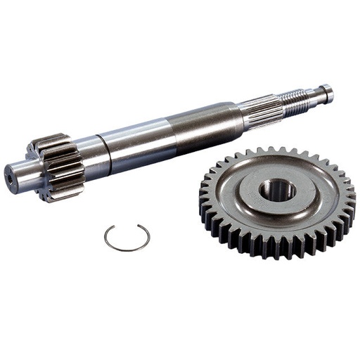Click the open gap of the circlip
pos(127,226)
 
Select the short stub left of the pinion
pos(19,176)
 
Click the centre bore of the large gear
pos(277,189)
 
